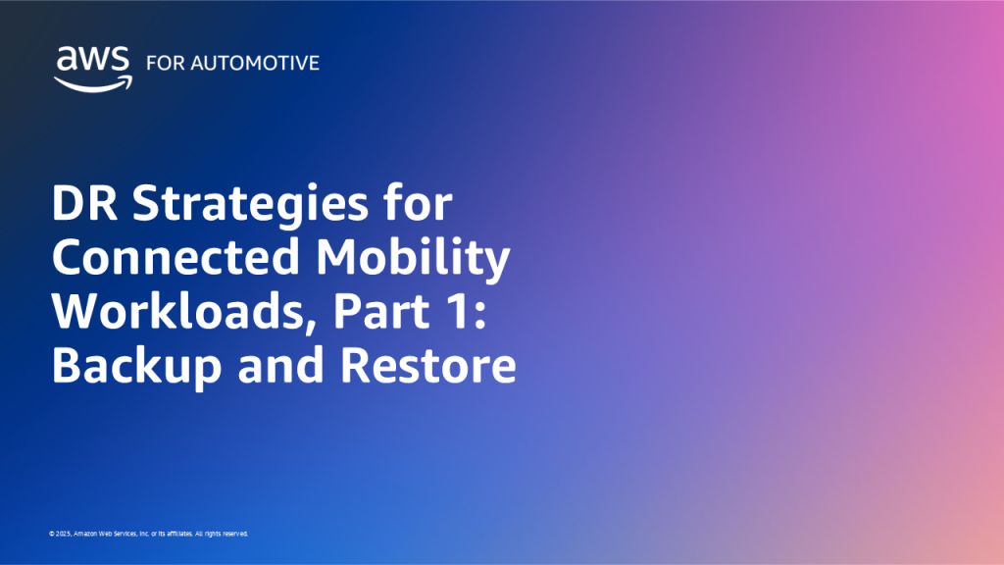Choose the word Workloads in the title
(x=176, y=313)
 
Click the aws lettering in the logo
(x=92, y=60)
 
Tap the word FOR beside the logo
(x=163, y=63)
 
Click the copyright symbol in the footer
(x=51, y=535)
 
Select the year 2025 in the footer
(x=63, y=535)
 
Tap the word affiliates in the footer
(x=175, y=535)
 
